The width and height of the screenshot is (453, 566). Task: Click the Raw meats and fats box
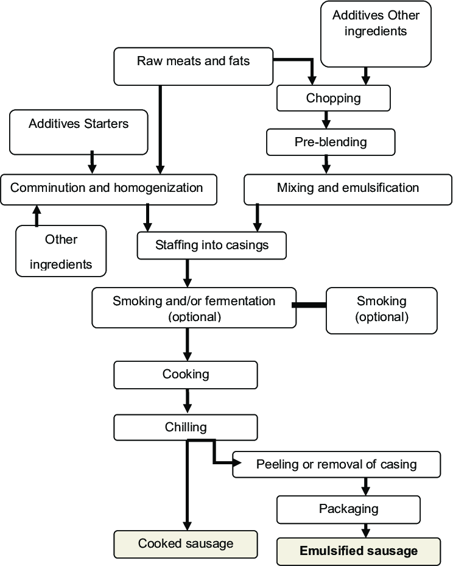pyautogui.click(x=194, y=66)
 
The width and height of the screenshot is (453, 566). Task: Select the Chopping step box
pyautogui.click(x=333, y=98)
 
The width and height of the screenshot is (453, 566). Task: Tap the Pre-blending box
pyautogui.click(x=331, y=142)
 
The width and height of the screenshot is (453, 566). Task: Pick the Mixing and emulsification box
pyautogui.click(x=348, y=189)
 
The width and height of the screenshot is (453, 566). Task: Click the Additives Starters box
pyautogui.click(x=79, y=132)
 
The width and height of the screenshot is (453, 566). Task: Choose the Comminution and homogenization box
pyautogui.click(x=108, y=189)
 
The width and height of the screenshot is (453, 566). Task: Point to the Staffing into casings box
pyautogui.click(x=212, y=246)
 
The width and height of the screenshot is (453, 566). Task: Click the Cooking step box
pyautogui.click(x=185, y=375)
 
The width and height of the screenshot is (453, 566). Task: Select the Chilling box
pyautogui.click(x=185, y=427)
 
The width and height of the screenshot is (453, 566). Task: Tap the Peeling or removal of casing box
pyautogui.click(x=336, y=465)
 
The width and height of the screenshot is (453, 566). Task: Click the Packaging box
pyautogui.click(x=348, y=509)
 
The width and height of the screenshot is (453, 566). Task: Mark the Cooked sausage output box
pyautogui.click(x=185, y=544)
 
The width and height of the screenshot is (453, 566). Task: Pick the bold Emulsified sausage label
pyautogui.click(x=359, y=551)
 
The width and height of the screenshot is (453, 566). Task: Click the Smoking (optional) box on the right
pyautogui.click(x=382, y=311)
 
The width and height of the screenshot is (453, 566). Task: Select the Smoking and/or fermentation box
pyautogui.click(x=194, y=308)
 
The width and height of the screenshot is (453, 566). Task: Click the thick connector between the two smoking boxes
pyautogui.click(x=309, y=305)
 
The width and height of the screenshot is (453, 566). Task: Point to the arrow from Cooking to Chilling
pyautogui.click(x=187, y=401)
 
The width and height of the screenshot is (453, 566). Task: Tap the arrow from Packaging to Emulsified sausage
pyautogui.click(x=366, y=531)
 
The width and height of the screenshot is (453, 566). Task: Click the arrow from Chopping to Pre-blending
pyautogui.click(x=326, y=120)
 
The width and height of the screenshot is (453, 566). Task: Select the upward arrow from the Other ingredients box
pyautogui.click(x=37, y=216)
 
